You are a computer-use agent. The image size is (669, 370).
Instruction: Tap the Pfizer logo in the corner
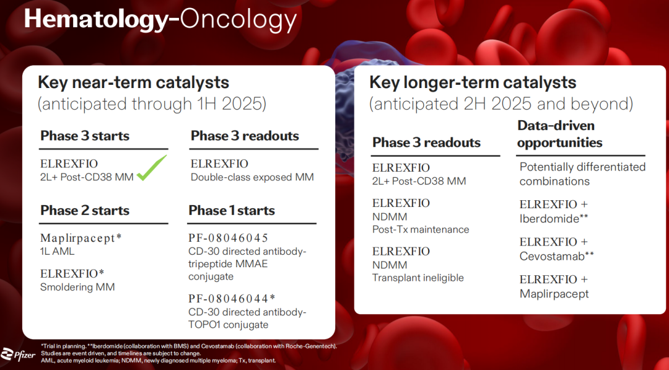(x=18, y=355)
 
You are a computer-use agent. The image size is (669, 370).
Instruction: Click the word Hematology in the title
(x=95, y=19)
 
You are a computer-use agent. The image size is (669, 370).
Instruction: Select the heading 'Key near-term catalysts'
(x=134, y=82)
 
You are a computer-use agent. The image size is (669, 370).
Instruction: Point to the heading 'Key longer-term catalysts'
(x=473, y=82)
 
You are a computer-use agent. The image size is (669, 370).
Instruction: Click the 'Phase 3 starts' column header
(x=85, y=136)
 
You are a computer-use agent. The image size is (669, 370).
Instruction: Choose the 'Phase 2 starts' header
(x=85, y=210)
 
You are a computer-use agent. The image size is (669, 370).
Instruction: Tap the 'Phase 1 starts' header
(x=232, y=210)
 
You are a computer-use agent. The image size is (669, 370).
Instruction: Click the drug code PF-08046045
(x=228, y=238)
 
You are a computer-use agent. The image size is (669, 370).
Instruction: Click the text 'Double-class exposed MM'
(x=252, y=177)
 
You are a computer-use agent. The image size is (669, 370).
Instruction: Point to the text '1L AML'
(x=57, y=252)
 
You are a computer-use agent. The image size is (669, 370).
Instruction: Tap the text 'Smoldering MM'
(x=77, y=287)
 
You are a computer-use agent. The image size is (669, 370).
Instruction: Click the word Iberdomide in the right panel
(x=549, y=219)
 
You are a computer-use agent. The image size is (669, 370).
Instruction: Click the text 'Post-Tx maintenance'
(x=421, y=229)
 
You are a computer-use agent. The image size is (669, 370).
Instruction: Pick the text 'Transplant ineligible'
(x=418, y=278)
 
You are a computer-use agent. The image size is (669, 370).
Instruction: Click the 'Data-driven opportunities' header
(x=560, y=134)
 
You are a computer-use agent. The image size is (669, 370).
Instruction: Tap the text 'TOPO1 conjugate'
(x=228, y=325)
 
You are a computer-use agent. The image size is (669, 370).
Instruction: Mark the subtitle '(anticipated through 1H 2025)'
(x=152, y=104)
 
